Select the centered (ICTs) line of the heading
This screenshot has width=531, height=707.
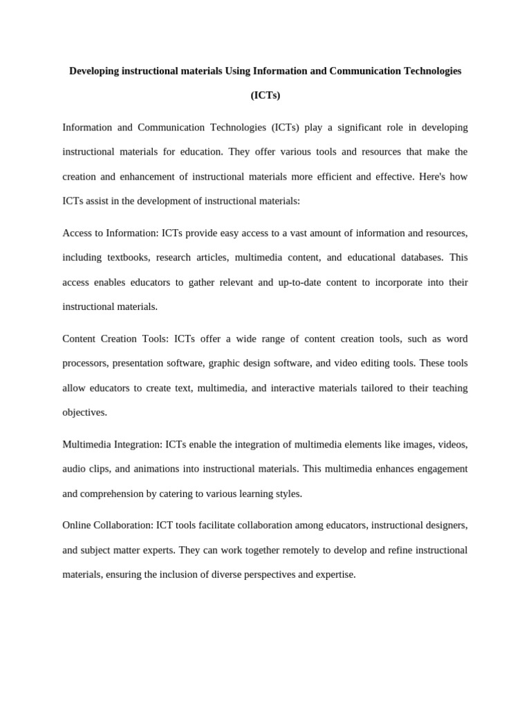tap(265, 95)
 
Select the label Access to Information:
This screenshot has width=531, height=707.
tap(111, 233)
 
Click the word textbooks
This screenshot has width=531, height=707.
tap(128, 258)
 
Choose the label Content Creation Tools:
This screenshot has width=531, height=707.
tap(115, 339)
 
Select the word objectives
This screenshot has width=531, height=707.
tap(84, 412)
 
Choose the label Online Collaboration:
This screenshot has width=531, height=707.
tap(107, 525)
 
